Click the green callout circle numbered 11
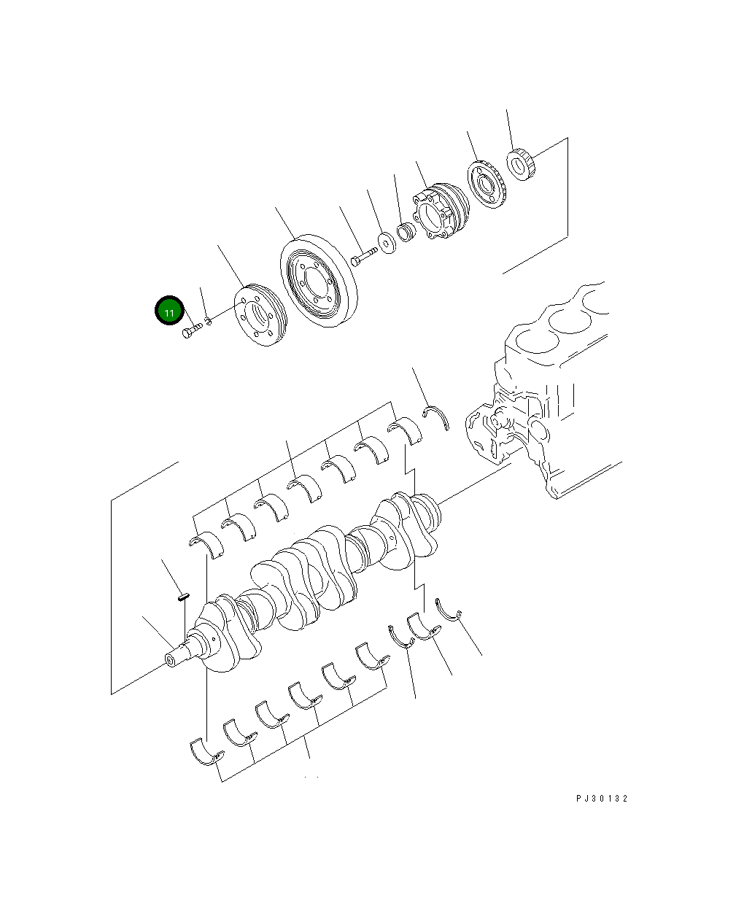(x=168, y=311)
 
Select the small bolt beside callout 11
(x=191, y=332)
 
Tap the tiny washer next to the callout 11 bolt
(x=208, y=321)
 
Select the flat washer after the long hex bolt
(x=386, y=241)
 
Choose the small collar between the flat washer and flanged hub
(x=406, y=231)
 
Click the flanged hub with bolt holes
(x=441, y=212)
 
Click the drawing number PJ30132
(x=601, y=798)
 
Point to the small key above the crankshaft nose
(x=184, y=597)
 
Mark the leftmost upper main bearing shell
(x=204, y=543)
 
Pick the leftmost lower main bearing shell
(x=206, y=751)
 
